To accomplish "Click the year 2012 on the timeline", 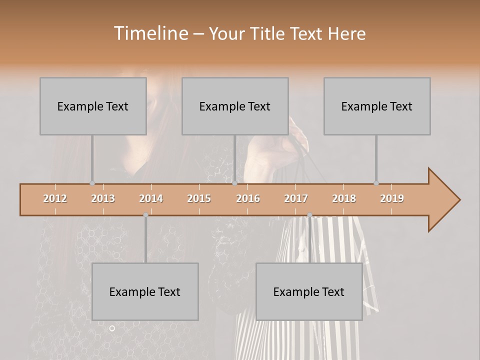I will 55,198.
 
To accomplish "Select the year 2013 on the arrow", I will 103,198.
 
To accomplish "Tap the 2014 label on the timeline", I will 151,198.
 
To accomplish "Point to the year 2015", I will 199,198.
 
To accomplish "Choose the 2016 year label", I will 248,198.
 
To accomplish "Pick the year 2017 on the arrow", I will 296,198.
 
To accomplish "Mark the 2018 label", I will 344,198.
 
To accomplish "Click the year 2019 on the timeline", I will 392,198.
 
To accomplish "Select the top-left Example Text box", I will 93,106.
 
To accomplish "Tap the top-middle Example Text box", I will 235,106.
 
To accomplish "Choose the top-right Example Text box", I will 377,106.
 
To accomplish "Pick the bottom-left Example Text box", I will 145,292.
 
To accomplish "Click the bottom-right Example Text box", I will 309,292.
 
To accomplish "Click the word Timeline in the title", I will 150,33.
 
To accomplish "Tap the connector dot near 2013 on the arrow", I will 92,183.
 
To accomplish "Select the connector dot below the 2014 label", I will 145,215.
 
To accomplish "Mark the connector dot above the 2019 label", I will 376,183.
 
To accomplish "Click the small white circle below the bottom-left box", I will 112,328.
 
